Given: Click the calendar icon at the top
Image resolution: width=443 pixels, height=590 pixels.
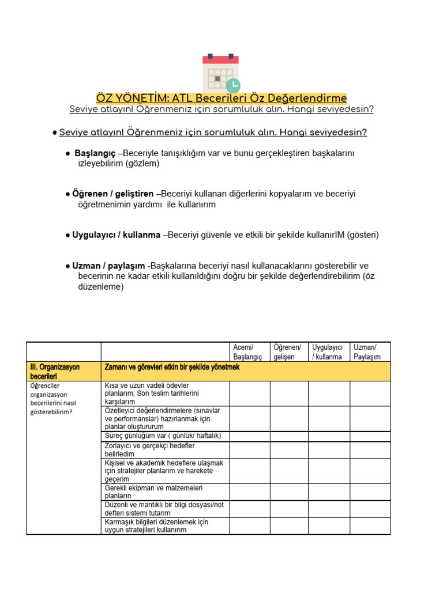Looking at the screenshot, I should tap(220, 73).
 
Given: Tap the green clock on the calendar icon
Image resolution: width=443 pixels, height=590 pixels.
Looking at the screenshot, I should tap(233, 85).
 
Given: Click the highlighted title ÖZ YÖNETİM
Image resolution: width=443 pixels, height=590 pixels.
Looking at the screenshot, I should tap(221, 98).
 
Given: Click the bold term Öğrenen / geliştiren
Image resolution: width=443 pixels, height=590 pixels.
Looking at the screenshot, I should tap(113, 194).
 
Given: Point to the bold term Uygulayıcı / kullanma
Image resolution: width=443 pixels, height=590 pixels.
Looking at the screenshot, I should tap(117, 235).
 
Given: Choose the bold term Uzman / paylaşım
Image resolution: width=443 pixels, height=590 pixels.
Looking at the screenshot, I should tap(108, 266).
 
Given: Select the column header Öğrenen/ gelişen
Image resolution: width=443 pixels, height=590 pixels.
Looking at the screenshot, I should tap(288, 352).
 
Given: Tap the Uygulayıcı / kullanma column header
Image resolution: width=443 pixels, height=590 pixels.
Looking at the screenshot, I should tap(328, 352).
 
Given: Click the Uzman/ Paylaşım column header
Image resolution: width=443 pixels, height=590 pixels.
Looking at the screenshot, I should tap(369, 352).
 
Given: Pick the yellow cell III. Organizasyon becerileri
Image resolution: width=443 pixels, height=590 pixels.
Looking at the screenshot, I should tap(63, 371).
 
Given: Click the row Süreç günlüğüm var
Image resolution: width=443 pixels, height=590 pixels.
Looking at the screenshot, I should tap(163, 436).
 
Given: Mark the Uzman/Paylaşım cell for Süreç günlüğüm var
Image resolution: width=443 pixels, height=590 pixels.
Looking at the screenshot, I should tap(370, 436).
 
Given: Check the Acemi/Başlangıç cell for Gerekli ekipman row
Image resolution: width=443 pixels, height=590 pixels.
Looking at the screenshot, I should tap(249, 491).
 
